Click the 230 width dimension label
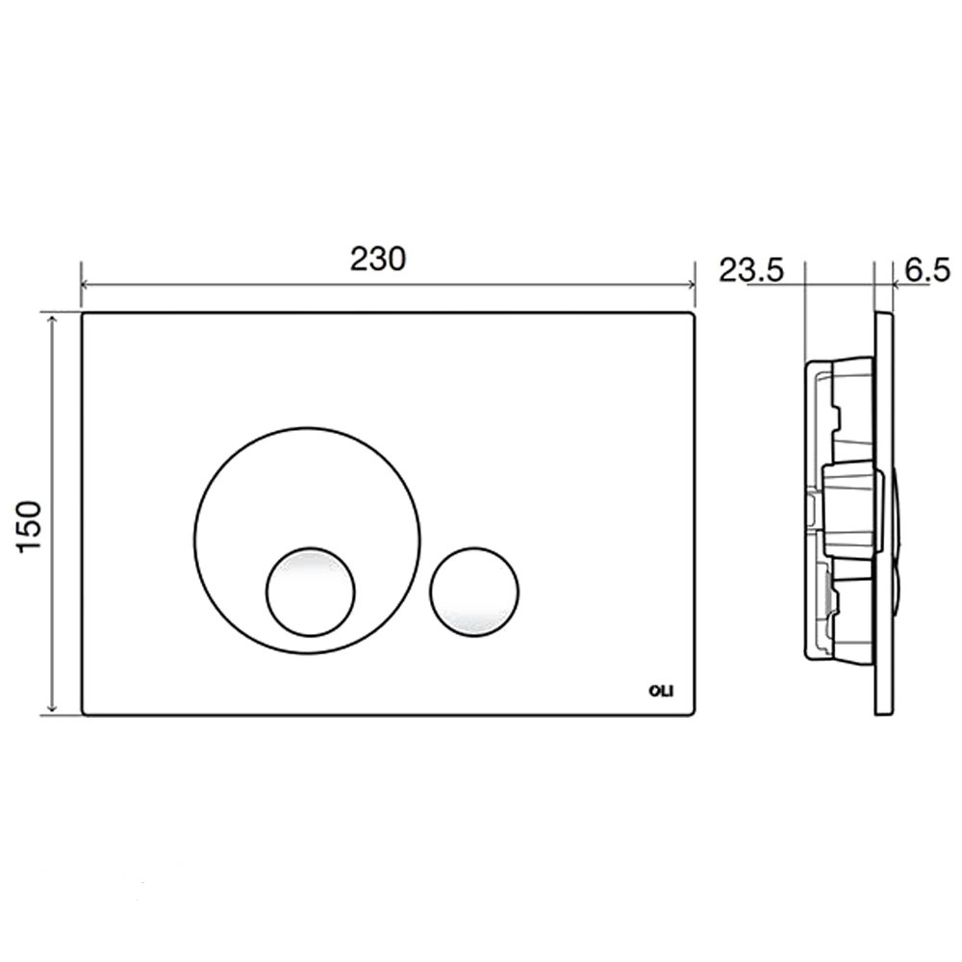point(378,259)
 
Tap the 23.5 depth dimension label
point(751,270)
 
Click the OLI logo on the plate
point(661,691)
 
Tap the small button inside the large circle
point(311,591)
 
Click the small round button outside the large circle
point(474,591)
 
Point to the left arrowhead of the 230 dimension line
point(86,284)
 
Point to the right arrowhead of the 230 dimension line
point(690,284)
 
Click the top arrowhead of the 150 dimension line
point(53,318)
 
